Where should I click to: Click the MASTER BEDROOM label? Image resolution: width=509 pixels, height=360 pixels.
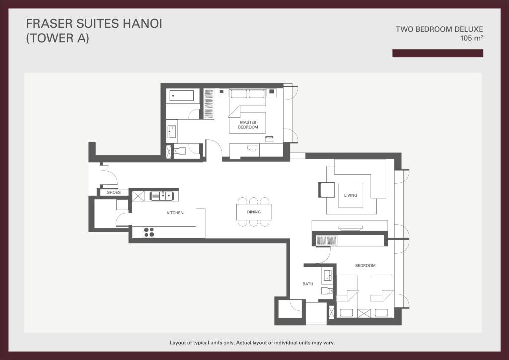click(x=248, y=125)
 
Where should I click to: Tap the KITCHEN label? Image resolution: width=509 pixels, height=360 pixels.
click(x=175, y=213)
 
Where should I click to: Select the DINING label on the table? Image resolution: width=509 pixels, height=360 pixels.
click(x=254, y=212)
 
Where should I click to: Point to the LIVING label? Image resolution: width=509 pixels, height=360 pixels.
click(x=351, y=195)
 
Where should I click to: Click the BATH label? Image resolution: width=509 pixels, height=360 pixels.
click(x=308, y=284)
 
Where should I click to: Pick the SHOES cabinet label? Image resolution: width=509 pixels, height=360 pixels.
click(x=114, y=192)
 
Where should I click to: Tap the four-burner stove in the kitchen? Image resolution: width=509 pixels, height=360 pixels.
click(x=149, y=232)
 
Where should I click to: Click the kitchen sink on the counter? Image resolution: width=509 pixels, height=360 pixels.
click(x=162, y=196)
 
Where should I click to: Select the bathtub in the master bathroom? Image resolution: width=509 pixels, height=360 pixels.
click(x=181, y=96)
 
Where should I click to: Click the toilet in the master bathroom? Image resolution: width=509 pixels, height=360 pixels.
click(x=179, y=151)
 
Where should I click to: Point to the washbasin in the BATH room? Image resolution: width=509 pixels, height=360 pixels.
click(x=327, y=275)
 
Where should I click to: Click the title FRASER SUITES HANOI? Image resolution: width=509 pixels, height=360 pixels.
click(x=94, y=24)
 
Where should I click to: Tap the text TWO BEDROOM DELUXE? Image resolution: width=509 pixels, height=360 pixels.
click(x=439, y=29)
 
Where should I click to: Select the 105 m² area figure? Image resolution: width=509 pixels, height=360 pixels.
click(x=472, y=38)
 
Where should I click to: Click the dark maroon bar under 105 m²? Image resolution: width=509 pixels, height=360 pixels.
click(x=437, y=53)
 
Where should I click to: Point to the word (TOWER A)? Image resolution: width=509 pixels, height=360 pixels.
click(x=58, y=38)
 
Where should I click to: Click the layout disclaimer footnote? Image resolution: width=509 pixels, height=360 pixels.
click(x=252, y=343)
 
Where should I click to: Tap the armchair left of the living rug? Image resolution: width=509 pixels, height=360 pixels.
click(x=326, y=190)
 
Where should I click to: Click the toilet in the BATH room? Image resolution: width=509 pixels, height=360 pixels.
click(x=327, y=290)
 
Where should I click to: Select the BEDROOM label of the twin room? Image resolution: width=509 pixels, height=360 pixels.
click(x=365, y=265)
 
